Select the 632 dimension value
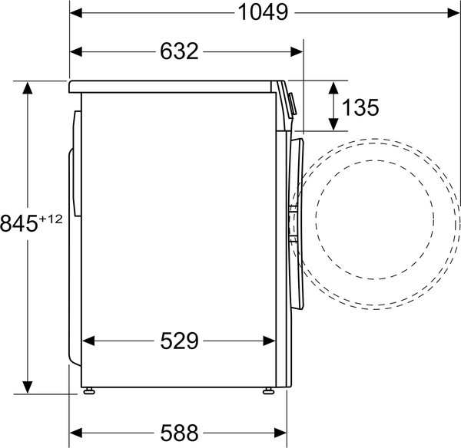(180, 51)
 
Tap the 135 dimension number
(360, 107)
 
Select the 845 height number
(19, 224)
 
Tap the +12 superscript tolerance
(50, 219)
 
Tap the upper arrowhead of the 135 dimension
(333, 87)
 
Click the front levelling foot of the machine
(268, 390)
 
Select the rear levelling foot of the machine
(91, 390)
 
